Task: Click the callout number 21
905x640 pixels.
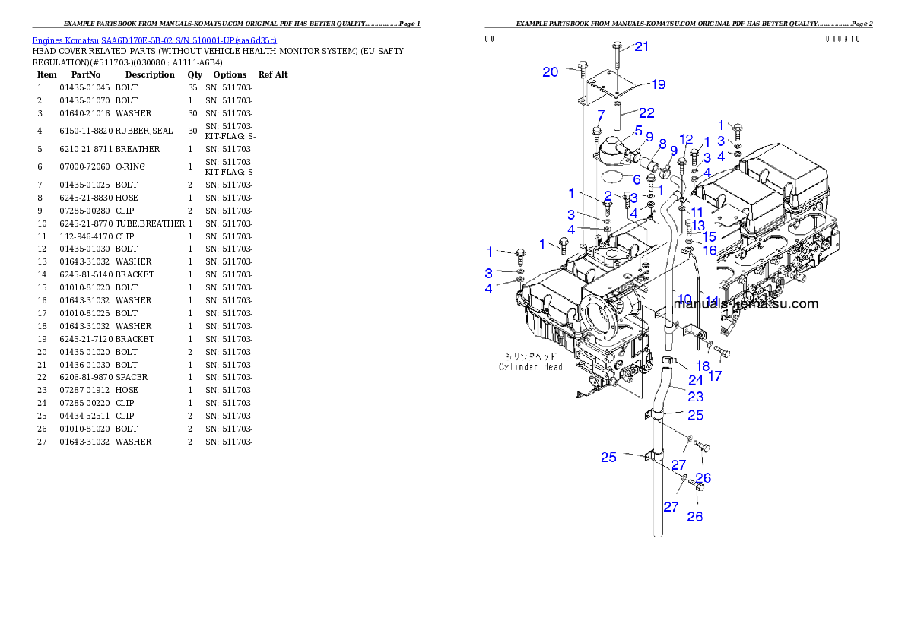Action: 642,46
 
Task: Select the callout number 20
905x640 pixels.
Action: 551,72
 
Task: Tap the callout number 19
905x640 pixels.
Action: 659,84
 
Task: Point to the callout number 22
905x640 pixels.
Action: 646,113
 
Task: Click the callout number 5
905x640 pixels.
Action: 638,130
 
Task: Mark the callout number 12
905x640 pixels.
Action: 686,139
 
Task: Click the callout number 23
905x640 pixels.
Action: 695,396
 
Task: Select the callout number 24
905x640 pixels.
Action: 696,379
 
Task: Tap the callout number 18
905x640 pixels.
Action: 702,366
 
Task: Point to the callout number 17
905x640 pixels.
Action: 715,375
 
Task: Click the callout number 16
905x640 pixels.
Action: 709,250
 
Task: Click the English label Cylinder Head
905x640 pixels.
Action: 531,367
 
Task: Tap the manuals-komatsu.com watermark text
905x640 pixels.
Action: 748,304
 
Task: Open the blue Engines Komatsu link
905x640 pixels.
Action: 154,40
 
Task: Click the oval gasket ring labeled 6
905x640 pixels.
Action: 612,179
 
